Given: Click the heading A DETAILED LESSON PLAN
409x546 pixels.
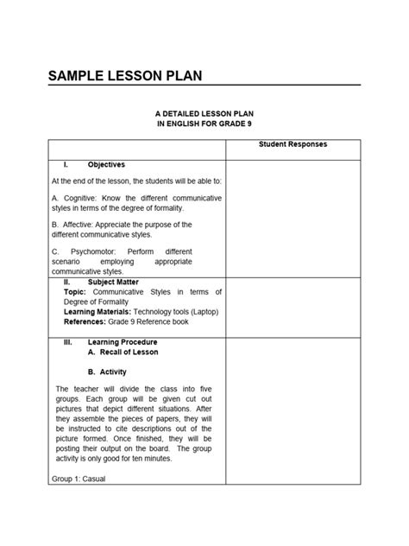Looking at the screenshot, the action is pos(204,114).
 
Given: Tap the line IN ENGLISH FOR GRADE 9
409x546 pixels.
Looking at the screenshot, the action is pos(204,125).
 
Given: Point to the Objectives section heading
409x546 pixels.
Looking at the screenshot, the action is pos(106,164).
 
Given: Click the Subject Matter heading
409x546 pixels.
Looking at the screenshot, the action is pos(112,282).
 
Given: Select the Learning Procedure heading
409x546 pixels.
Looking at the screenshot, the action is pos(122,342).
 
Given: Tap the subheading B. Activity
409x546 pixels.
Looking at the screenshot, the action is pos(108,371).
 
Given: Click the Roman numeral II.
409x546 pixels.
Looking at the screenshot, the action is pos(67,282).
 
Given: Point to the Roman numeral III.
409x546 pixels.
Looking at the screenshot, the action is pos(67,342).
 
